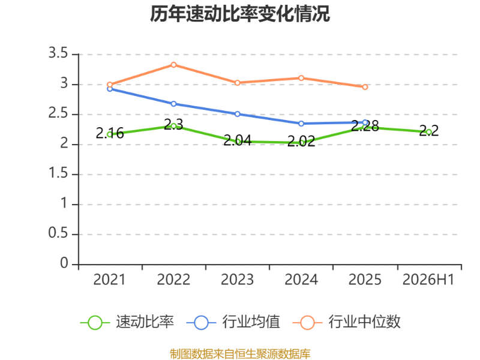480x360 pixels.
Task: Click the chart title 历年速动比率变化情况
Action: [239, 14]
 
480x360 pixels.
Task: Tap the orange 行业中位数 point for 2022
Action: [173, 65]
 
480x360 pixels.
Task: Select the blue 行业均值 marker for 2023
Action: [237, 114]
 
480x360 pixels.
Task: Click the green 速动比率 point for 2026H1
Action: [429, 132]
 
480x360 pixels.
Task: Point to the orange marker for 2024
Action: [301, 78]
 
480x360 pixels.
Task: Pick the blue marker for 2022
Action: [173, 104]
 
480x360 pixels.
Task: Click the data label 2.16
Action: [110, 133]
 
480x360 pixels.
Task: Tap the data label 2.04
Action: [237, 140]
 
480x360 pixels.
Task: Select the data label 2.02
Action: [301, 142]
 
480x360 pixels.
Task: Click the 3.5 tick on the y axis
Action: [58, 53]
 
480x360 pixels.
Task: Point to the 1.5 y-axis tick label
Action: [58, 173]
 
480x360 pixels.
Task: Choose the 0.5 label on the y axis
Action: [58, 233]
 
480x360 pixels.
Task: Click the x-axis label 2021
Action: [109, 280]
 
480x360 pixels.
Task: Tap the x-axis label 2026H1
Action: [428, 280]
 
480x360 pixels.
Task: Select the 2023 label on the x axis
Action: [237, 280]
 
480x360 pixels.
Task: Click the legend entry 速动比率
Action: [127, 322]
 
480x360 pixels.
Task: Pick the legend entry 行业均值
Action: [233, 322]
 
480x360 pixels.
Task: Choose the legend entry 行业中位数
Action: [346, 322]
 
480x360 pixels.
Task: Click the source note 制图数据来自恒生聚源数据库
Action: [240, 354]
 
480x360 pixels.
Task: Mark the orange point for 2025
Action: [365, 87]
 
